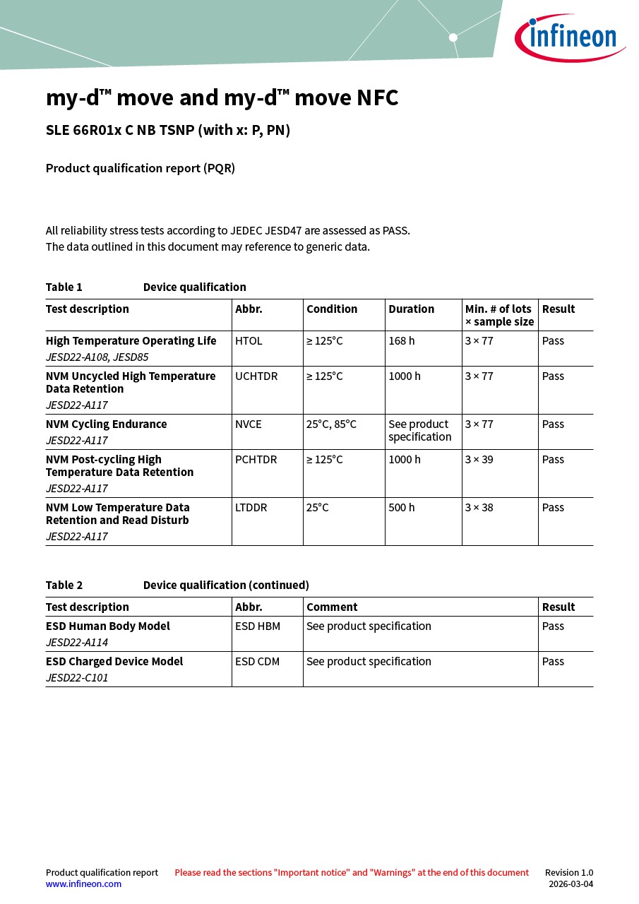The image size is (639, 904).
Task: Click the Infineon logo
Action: click(570, 37)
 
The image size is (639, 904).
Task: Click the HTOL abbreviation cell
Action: click(249, 341)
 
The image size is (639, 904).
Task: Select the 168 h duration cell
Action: click(402, 341)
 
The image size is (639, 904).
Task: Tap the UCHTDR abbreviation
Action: click(256, 376)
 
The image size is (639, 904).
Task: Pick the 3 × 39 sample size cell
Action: click(479, 460)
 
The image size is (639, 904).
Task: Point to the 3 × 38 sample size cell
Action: click(479, 508)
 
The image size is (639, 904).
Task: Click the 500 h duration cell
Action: click(402, 508)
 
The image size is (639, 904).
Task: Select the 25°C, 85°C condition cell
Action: click(331, 424)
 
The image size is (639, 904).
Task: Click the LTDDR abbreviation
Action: click(251, 508)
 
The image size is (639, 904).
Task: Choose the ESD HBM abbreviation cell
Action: click(258, 626)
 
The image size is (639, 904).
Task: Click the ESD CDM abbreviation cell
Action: click(258, 662)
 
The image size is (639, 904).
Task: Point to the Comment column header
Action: click(332, 607)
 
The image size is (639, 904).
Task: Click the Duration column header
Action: click(412, 309)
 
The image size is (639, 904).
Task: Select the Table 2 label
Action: click(64, 585)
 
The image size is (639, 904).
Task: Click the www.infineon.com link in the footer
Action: click(83, 884)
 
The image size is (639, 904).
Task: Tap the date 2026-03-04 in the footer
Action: click(571, 884)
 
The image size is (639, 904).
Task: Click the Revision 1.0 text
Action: click(568, 873)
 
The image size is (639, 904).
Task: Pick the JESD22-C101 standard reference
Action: click(77, 678)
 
